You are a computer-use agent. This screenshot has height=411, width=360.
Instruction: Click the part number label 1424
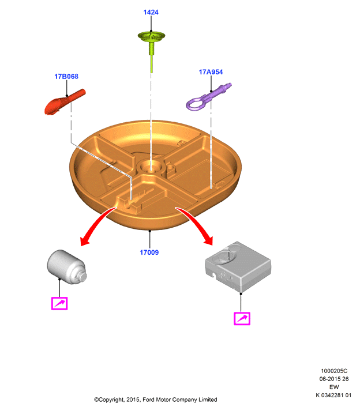[x=151, y=12]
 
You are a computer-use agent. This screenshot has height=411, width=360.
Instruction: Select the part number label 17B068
[x=66, y=77]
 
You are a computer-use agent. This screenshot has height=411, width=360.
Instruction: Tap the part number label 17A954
[x=211, y=72]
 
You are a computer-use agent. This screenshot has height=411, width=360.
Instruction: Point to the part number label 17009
[x=149, y=252]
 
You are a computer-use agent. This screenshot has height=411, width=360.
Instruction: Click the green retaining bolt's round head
[x=151, y=36]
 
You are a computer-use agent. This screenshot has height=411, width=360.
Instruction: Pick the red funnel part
[x=65, y=102]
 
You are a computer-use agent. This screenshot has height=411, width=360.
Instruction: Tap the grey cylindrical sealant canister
[x=67, y=266]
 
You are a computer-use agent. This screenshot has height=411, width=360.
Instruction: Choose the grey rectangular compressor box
[x=238, y=266]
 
